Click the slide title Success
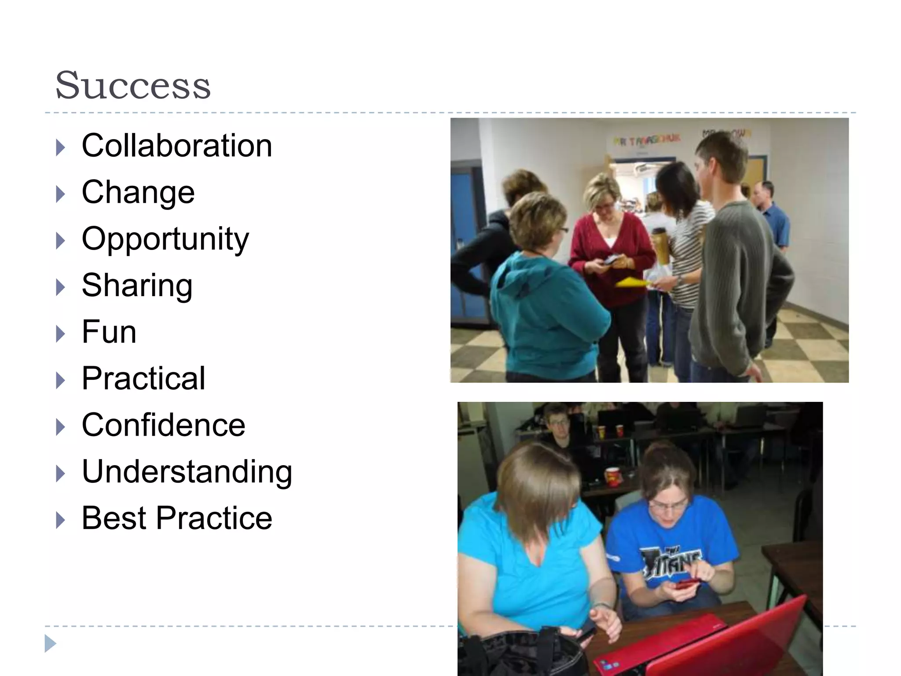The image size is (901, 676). [133, 85]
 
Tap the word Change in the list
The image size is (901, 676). [138, 192]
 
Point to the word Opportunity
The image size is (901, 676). [165, 239]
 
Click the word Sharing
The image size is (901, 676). [137, 285]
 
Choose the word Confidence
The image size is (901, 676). [163, 425]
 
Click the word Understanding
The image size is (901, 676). [187, 471]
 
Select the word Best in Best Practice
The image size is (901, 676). [114, 518]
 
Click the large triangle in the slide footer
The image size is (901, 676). [50, 643]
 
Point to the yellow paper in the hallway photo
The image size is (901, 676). [632, 282]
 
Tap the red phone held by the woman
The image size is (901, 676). [688, 584]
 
